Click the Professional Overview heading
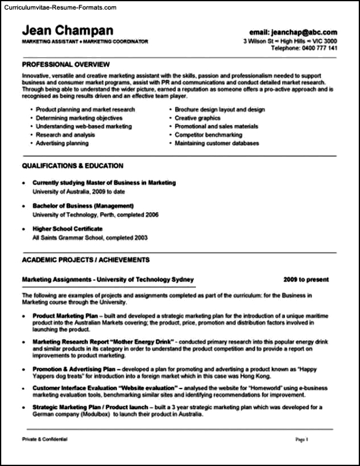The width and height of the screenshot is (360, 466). click(x=66, y=64)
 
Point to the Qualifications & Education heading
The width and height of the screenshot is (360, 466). click(x=72, y=165)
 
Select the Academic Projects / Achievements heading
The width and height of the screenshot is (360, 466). click(x=85, y=259)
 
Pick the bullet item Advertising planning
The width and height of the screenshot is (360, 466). click(x=62, y=143)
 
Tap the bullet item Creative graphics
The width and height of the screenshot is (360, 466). click(x=197, y=118)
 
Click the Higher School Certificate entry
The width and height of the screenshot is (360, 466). click(x=67, y=229)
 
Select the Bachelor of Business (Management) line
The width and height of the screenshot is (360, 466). click(x=83, y=205)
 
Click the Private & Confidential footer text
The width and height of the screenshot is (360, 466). click(x=45, y=440)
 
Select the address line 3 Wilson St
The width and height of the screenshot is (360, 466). click(x=260, y=40)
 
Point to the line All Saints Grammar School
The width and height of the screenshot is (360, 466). click(x=90, y=237)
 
